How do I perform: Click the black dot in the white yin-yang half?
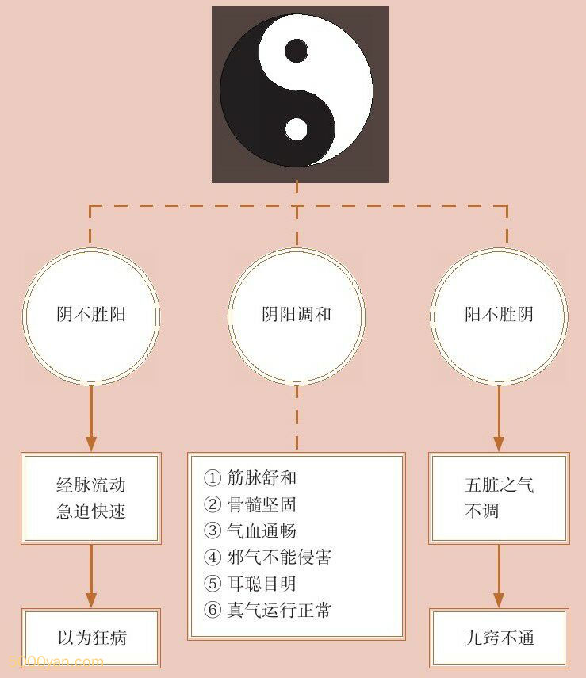click(296, 52)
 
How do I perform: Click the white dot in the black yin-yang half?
click(296, 128)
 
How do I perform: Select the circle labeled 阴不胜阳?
click(92, 315)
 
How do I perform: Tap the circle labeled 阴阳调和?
click(297, 315)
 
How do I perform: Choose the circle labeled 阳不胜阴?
click(499, 315)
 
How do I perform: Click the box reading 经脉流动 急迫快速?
click(92, 498)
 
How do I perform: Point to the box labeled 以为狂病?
click(92, 638)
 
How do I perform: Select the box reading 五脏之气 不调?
click(499, 498)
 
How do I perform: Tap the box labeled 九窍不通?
click(499, 638)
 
